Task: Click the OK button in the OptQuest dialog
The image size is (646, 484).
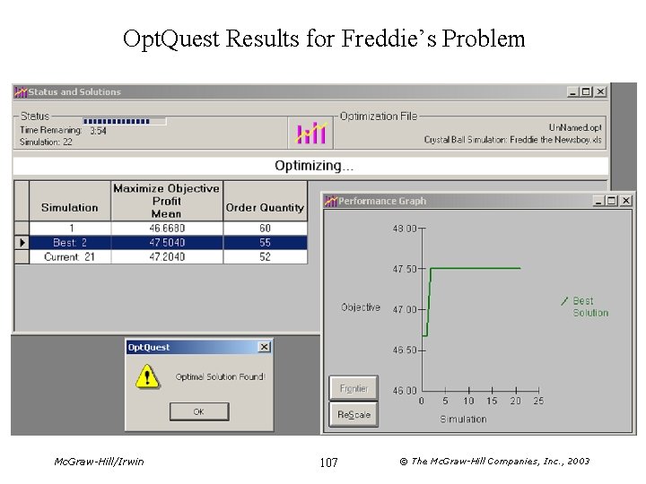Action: point(199,411)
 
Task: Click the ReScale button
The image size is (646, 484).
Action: point(354,414)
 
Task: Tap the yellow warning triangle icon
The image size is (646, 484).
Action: point(146,376)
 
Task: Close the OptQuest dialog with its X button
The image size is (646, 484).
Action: point(264,347)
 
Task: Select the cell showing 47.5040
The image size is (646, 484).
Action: point(166,243)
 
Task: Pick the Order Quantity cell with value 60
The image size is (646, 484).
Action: point(265,229)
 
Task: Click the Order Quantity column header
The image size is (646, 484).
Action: point(265,207)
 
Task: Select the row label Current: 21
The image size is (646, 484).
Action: point(69,257)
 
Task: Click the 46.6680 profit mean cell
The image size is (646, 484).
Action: point(166,229)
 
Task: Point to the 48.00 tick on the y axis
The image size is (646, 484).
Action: point(405,229)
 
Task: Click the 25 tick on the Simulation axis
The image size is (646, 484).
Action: point(538,402)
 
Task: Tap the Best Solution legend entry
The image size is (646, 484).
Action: point(589,307)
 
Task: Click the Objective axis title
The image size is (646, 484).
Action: point(361,307)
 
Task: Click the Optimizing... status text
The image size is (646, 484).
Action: point(314,166)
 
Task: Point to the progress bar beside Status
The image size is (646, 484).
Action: point(124,120)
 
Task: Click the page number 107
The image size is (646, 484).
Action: point(328,462)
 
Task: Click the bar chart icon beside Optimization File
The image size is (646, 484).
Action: point(311,133)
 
